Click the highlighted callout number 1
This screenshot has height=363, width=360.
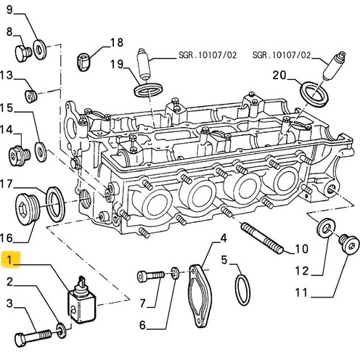(9, 260)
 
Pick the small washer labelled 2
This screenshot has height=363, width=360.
(61, 330)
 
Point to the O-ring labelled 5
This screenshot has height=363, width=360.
(242, 290)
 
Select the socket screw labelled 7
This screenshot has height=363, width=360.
(150, 276)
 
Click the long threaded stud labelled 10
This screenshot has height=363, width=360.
(262, 238)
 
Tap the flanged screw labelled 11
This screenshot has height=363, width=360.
(348, 244)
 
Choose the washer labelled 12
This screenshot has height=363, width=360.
(326, 228)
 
